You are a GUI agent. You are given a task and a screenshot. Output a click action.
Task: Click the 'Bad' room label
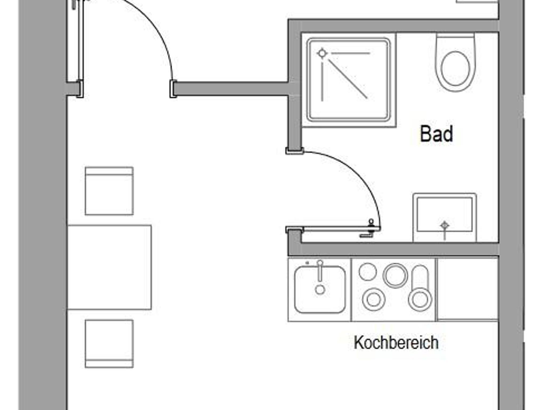point(436,134)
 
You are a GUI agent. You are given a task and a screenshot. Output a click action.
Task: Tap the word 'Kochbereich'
point(396,343)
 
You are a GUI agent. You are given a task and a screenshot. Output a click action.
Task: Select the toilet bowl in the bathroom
point(455,62)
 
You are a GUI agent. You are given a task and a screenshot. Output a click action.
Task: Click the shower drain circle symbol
point(322,53)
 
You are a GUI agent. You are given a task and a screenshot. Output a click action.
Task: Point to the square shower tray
point(349,80)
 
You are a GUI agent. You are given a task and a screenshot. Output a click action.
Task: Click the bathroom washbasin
point(444,218)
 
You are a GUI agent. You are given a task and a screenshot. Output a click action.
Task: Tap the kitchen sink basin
point(320,290)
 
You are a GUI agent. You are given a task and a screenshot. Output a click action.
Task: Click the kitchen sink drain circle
point(320,290)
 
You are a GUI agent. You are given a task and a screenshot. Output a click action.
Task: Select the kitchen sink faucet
point(320,270)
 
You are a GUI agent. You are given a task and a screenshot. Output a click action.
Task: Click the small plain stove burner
point(368,272)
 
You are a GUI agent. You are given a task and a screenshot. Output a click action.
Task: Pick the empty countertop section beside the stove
point(468,289)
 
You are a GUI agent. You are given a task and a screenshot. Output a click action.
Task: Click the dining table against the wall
point(110,267)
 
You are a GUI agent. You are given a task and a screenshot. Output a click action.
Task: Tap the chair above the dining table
point(109,191)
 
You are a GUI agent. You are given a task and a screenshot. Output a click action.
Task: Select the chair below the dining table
point(109,344)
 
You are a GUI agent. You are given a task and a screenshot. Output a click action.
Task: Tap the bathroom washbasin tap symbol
point(444,230)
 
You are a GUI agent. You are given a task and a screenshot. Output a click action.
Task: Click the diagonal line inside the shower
point(348,79)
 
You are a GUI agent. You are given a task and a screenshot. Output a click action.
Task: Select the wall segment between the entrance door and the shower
point(231,89)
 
